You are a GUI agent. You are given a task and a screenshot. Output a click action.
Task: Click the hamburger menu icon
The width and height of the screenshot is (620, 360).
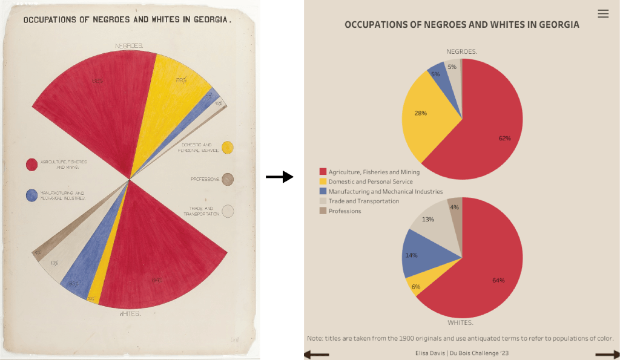603,14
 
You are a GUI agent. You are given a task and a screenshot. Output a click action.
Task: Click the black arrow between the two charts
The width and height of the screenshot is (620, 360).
279,177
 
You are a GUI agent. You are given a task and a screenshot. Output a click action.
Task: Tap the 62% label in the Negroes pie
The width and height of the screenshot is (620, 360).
505,138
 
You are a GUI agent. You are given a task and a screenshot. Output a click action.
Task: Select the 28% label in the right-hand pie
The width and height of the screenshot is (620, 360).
421,113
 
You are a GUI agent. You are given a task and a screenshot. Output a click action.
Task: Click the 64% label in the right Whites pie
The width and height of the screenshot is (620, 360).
498,280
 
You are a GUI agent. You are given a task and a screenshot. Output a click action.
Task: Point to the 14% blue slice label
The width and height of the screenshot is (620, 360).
412,256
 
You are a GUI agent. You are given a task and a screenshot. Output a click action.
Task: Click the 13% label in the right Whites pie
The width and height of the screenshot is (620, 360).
427,219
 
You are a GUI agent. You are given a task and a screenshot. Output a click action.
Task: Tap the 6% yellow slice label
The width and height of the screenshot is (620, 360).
416,286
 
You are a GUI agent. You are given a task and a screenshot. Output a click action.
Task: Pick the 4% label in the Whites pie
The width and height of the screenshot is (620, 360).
454,207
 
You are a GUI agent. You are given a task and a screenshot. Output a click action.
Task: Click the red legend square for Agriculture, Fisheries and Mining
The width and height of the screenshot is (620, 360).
323,172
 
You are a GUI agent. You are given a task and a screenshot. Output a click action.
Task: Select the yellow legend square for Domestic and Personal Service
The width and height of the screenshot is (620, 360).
323,182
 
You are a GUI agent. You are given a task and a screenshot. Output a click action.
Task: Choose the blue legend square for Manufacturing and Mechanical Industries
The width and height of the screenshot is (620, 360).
323,191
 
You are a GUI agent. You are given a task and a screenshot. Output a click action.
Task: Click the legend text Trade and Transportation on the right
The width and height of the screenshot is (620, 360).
363,201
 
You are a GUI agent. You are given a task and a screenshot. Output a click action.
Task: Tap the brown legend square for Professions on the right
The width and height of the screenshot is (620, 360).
323,211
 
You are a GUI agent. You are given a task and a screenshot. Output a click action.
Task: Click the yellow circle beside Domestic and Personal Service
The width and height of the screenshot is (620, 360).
228,147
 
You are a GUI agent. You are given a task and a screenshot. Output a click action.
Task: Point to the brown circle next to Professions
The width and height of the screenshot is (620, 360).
228,179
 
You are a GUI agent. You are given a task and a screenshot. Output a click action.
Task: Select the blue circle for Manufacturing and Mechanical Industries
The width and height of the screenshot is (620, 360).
31,195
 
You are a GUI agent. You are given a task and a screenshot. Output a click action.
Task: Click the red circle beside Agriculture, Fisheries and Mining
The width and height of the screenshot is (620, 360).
31,164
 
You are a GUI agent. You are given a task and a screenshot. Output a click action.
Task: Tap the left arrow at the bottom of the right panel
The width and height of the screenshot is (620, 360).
315,355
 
